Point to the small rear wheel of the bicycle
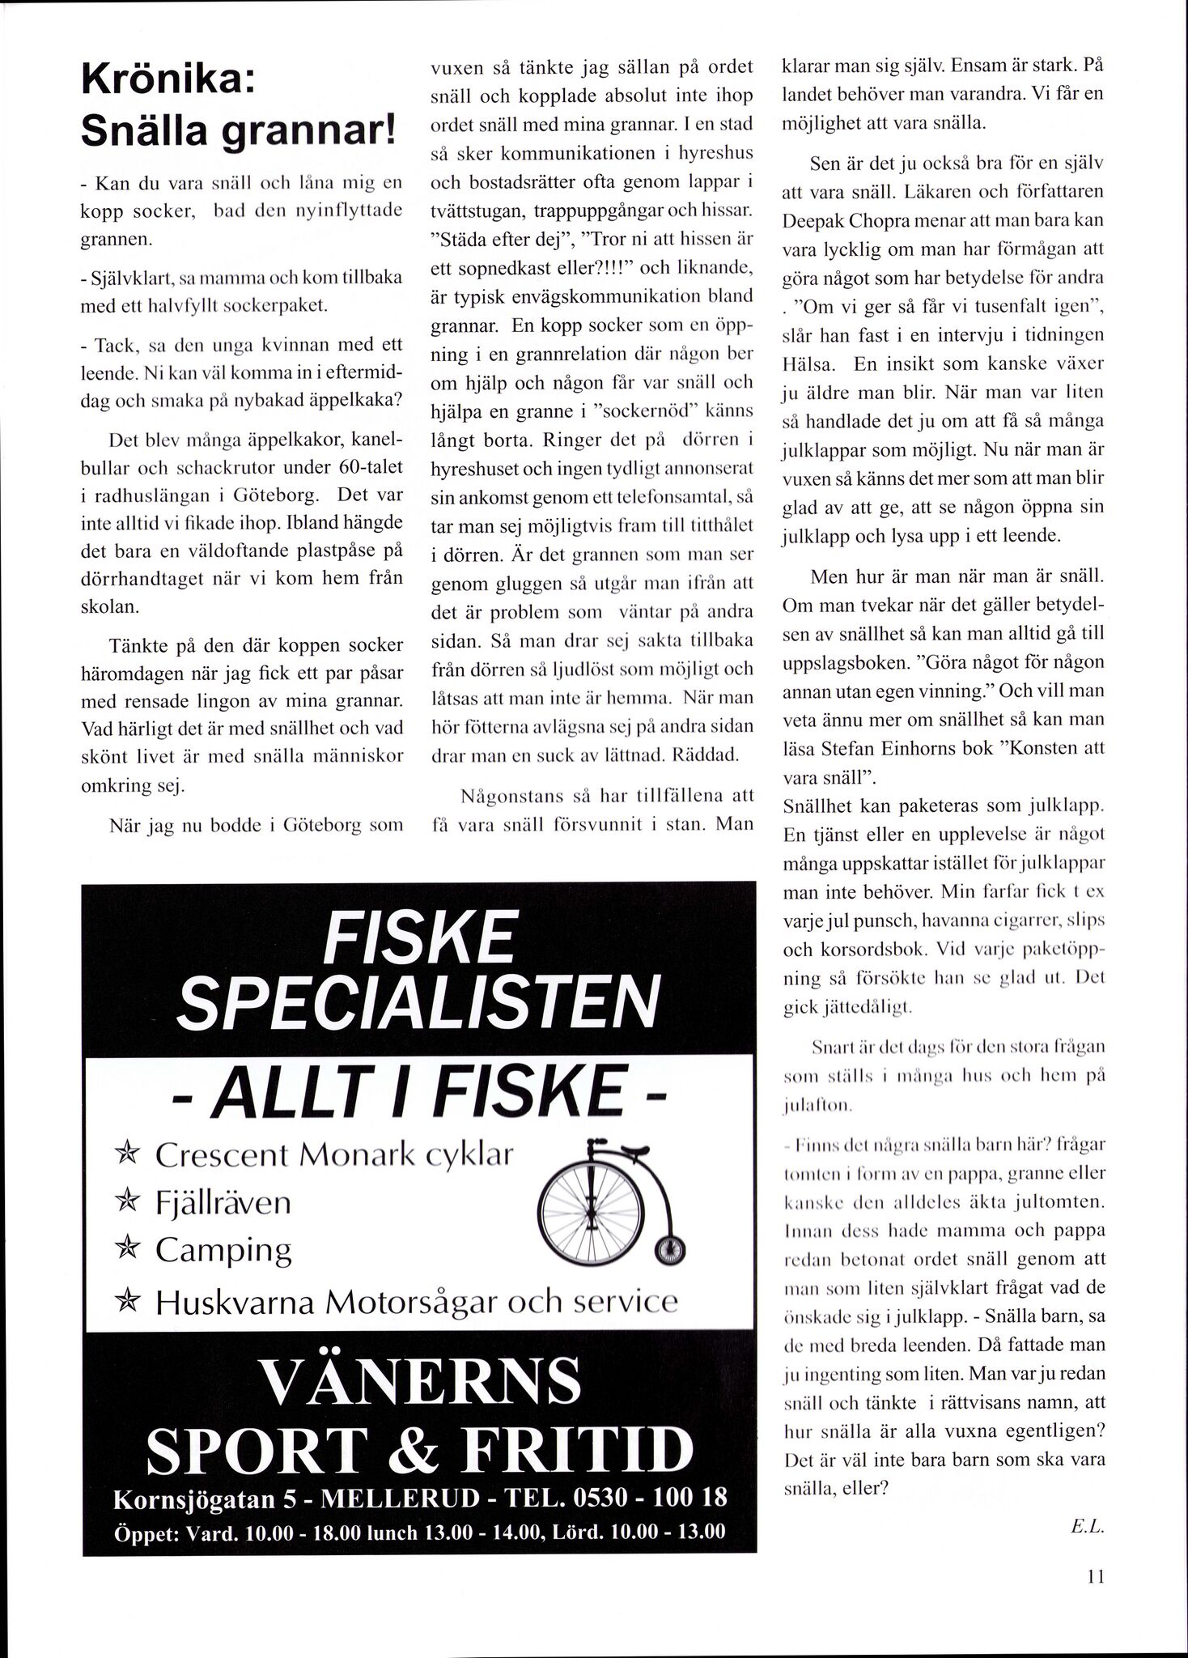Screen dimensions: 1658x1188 [669, 1251]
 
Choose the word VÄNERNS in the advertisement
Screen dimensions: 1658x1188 [418, 1385]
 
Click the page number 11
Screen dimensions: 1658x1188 [1096, 1576]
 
